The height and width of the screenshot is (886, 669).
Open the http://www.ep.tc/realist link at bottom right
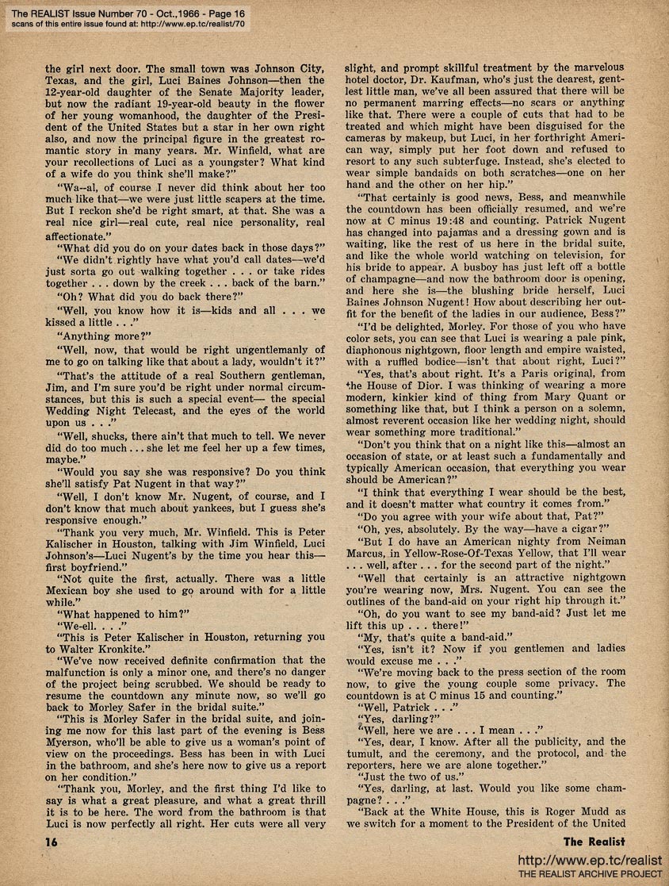click(x=590, y=860)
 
